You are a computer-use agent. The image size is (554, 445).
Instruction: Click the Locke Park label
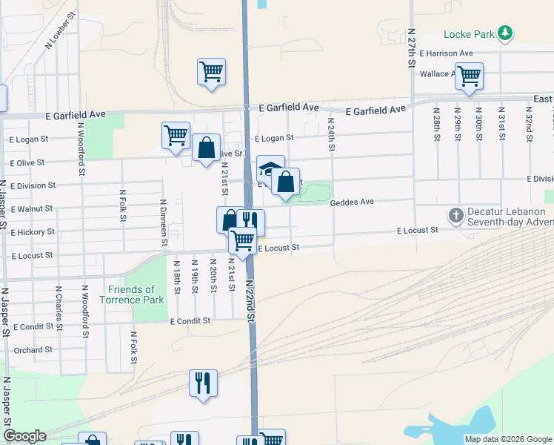[x=469, y=34]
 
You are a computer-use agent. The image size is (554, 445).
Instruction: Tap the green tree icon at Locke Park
[x=504, y=33]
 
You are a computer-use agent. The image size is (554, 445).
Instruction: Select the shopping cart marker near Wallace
[x=469, y=75]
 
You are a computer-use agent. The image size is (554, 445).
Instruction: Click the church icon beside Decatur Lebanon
[x=456, y=216]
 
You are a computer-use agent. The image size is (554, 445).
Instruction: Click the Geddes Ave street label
[x=352, y=202]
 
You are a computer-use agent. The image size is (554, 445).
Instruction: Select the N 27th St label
[x=411, y=49]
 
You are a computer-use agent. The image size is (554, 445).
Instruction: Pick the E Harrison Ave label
[x=446, y=53]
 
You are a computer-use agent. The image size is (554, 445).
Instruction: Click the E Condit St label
[x=190, y=321]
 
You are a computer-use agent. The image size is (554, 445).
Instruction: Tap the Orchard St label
[x=33, y=349]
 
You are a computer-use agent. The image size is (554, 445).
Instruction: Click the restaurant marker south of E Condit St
[x=203, y=383]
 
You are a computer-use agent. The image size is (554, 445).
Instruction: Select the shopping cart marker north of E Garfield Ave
[x=211, y=72]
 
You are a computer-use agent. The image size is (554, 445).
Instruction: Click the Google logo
[x=24, y=436]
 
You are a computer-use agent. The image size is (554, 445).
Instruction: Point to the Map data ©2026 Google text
[x=507, y=439]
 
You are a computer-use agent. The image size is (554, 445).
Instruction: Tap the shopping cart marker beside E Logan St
[x=176, y=136]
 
